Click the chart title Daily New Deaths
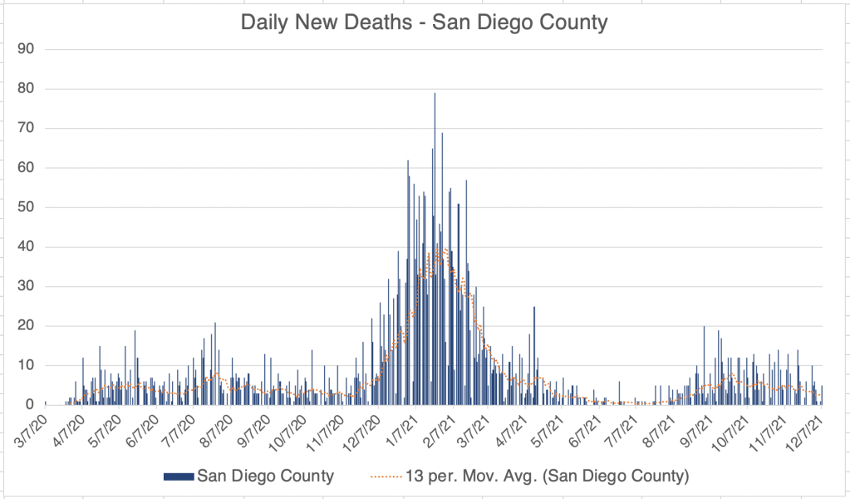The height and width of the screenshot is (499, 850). pyautogui.click(x=424, y=22)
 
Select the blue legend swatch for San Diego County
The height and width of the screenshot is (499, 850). pyautogui.click(x=178, y=477)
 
